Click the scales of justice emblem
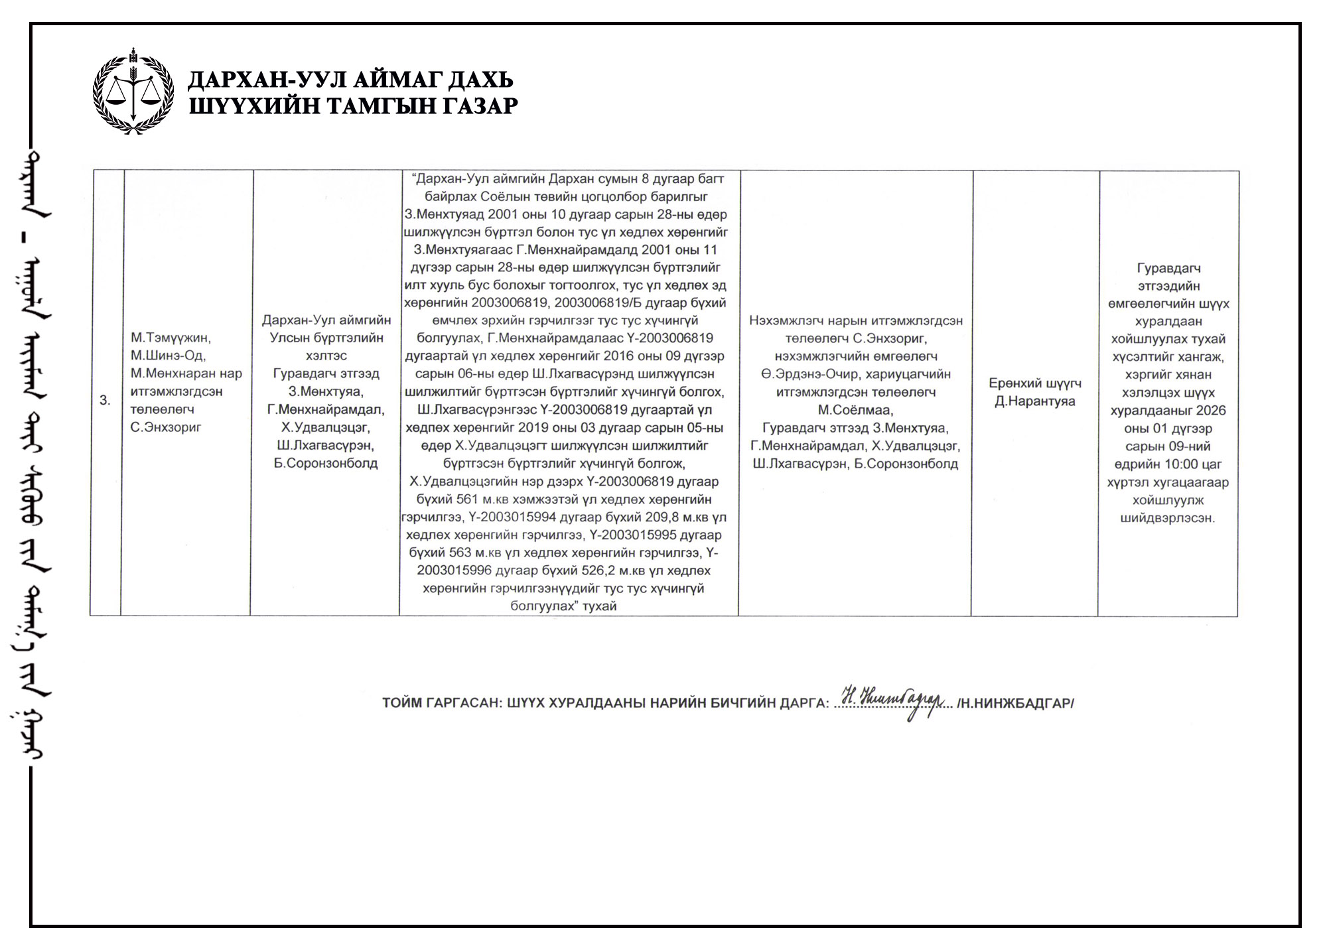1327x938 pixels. point(133,92)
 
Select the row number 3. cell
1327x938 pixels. point(105,400)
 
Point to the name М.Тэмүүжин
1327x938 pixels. point(171,338)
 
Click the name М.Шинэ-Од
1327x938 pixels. point(169,356)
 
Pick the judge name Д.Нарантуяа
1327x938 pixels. point(1034,401)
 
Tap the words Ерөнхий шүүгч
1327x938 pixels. point(1034,383)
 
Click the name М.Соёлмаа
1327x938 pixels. point(855,410)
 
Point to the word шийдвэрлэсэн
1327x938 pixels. point(1167,518)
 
